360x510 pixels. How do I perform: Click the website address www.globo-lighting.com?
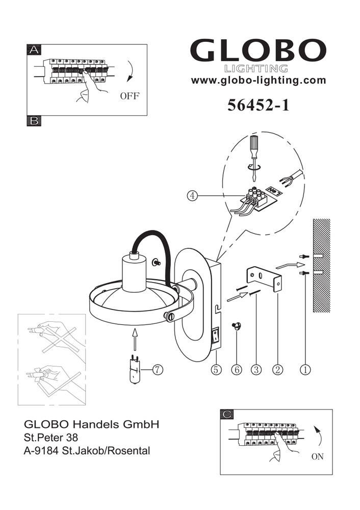258,81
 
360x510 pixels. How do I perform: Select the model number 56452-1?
258,105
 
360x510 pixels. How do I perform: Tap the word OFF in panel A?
130,96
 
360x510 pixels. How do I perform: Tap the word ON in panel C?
317,456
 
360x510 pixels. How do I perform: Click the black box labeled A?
34,50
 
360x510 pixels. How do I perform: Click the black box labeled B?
34,121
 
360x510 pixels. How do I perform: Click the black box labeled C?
227,414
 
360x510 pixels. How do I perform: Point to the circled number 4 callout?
193,195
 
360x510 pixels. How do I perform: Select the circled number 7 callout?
158,369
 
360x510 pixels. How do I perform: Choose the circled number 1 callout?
305,369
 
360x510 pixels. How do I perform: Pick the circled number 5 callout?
216,369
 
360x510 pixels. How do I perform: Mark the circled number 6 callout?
237,369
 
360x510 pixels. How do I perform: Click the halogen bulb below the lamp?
134,369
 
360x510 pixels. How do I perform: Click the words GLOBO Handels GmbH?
92,424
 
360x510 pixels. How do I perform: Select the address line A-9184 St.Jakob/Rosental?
87,451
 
